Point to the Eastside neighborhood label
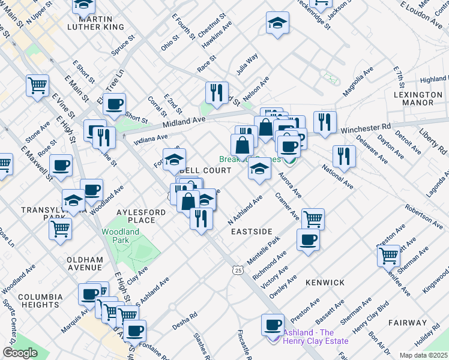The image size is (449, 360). pyautogui.click(x=252, y=231)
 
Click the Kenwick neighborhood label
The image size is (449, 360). pyautogui.click(x=325, y=282)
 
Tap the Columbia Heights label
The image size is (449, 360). pyautogui.click(x=40, y=301)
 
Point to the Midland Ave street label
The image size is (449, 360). pyautogui.click(x=186, y=122)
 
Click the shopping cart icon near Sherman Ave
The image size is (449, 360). pyautogui.click(x=388, y=256)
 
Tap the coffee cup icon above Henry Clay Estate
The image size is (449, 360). pyautogui.click(x=273, y=325)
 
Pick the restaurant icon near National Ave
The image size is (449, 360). pyautogui.click(x=344, y=156)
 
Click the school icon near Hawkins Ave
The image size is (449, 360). pyautogui.click(x=277, y=23)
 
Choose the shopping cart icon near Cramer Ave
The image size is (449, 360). pyautogui.click(x=313, y=219)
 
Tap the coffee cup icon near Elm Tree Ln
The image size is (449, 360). pyautogui.click(x=114, y=104)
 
